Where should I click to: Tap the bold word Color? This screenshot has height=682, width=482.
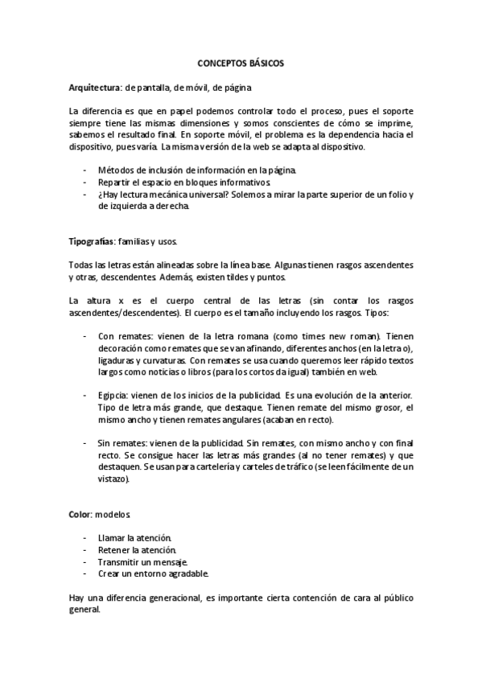(x=80, y=512)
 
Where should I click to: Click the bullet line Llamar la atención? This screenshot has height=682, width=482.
(x=134, y=537)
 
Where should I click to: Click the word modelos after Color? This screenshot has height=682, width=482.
(x=113, y=512)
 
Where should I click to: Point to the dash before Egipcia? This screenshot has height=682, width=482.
(x=86, y=396)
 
